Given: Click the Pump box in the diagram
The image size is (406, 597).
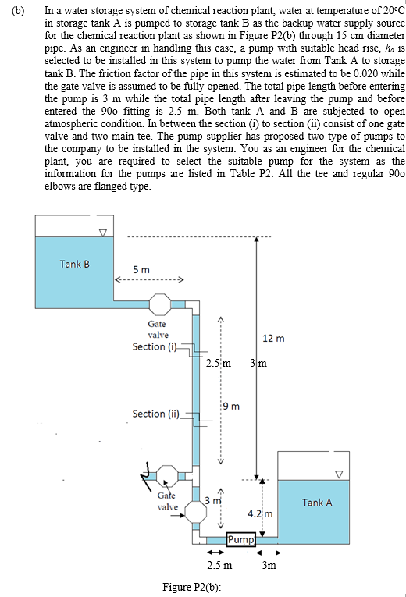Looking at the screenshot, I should (x=240, y=539).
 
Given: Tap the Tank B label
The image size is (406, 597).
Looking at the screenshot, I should (x=74, y=264).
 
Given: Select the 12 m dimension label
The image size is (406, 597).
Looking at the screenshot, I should (x=274, y=338).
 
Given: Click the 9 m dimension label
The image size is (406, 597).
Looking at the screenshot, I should (x=230, y=405).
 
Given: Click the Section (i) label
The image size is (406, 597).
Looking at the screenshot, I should (x=155, y=346).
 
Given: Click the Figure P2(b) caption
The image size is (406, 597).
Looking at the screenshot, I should (x=192, y=587).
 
